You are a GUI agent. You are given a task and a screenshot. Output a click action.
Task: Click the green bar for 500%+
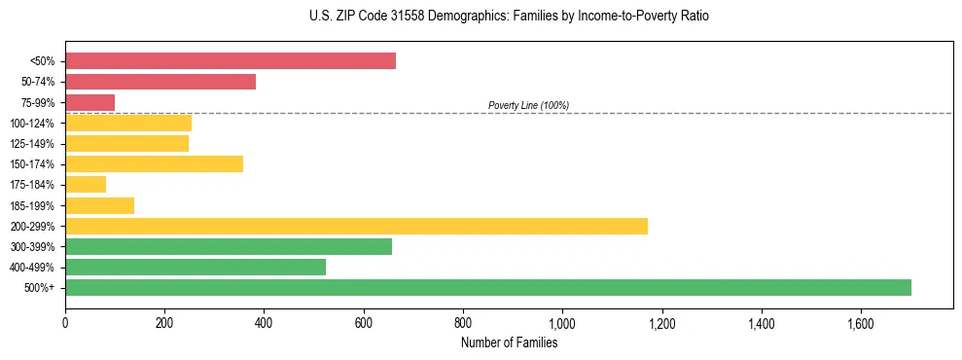488,287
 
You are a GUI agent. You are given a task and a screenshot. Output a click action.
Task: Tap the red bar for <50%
231,61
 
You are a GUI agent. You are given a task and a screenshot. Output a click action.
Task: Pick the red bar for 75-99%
89,102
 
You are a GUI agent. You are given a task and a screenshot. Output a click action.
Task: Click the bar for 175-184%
86,184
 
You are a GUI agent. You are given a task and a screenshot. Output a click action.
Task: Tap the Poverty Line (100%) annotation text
528,105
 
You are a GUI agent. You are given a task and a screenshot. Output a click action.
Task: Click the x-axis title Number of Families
509,342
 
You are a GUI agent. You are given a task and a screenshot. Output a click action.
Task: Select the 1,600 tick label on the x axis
861,323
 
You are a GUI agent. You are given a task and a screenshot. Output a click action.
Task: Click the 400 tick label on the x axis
264,323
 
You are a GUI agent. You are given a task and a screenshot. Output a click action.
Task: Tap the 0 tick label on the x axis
65,323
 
